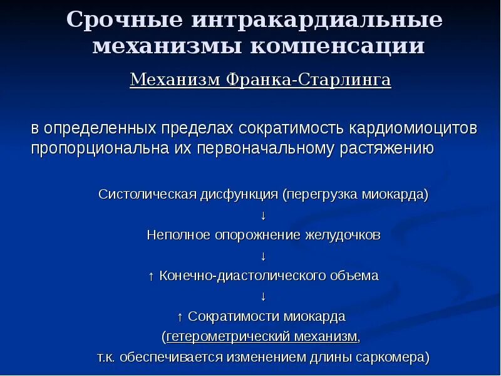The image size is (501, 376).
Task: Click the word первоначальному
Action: [x=268, y=149]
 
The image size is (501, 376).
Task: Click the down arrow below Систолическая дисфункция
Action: [x=264, y=215]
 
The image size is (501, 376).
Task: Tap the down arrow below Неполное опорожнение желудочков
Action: [x=264, y=256]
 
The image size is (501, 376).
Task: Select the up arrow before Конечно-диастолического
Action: [x=151, y=276]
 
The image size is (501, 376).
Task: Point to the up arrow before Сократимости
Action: [x=180, y=316]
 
